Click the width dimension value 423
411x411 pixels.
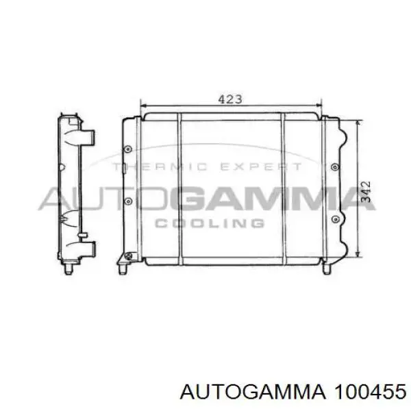(x=230, y=99)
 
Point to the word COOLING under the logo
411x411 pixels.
(x=210, y=223)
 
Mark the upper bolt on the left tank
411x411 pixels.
(x=128, y=149)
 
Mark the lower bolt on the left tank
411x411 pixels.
(x=128, y=201)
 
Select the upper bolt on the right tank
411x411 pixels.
(x=334, y=166)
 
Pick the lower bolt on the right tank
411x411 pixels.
(x=334, y=219)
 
